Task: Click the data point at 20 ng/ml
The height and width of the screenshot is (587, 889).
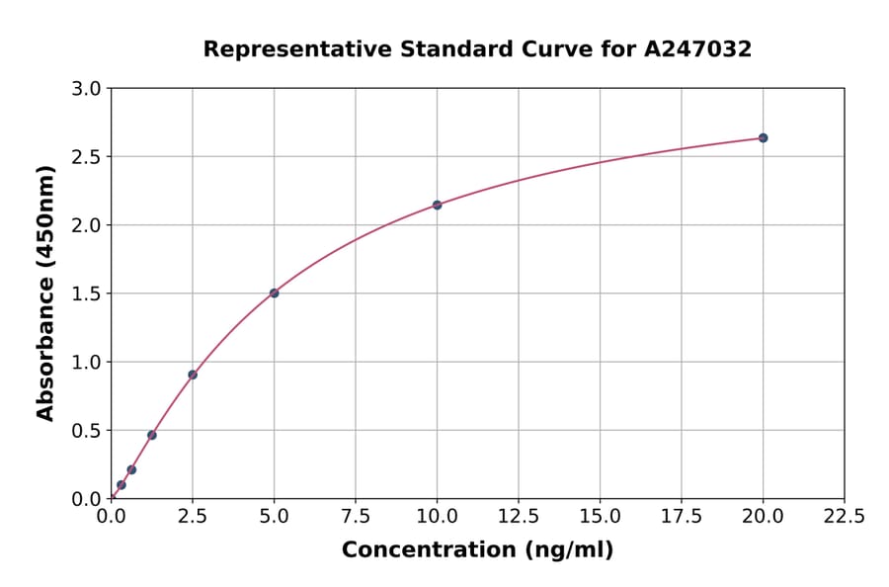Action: [x=763, y=137]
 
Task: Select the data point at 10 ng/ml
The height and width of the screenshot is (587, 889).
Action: [x=437, y=205]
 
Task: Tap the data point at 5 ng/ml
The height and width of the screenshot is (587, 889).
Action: [x=274, y=293]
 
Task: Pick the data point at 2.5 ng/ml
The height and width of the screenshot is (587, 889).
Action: [x=193, y=375]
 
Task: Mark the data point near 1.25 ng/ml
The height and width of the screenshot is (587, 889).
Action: [x=152, y=435]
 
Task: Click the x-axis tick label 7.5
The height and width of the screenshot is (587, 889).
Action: [x=356, y=517]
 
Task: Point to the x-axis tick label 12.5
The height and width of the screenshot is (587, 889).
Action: [x=519, y=517]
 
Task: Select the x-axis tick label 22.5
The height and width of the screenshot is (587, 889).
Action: [x=845, y=517]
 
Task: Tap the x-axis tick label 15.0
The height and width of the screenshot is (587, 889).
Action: [x=600, y=517]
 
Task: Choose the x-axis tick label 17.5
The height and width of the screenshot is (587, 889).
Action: [x=682, y=517]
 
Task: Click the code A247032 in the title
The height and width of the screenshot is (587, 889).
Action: [x=698, y=49]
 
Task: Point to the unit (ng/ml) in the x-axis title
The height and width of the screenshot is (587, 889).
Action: [x=568, y=550]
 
